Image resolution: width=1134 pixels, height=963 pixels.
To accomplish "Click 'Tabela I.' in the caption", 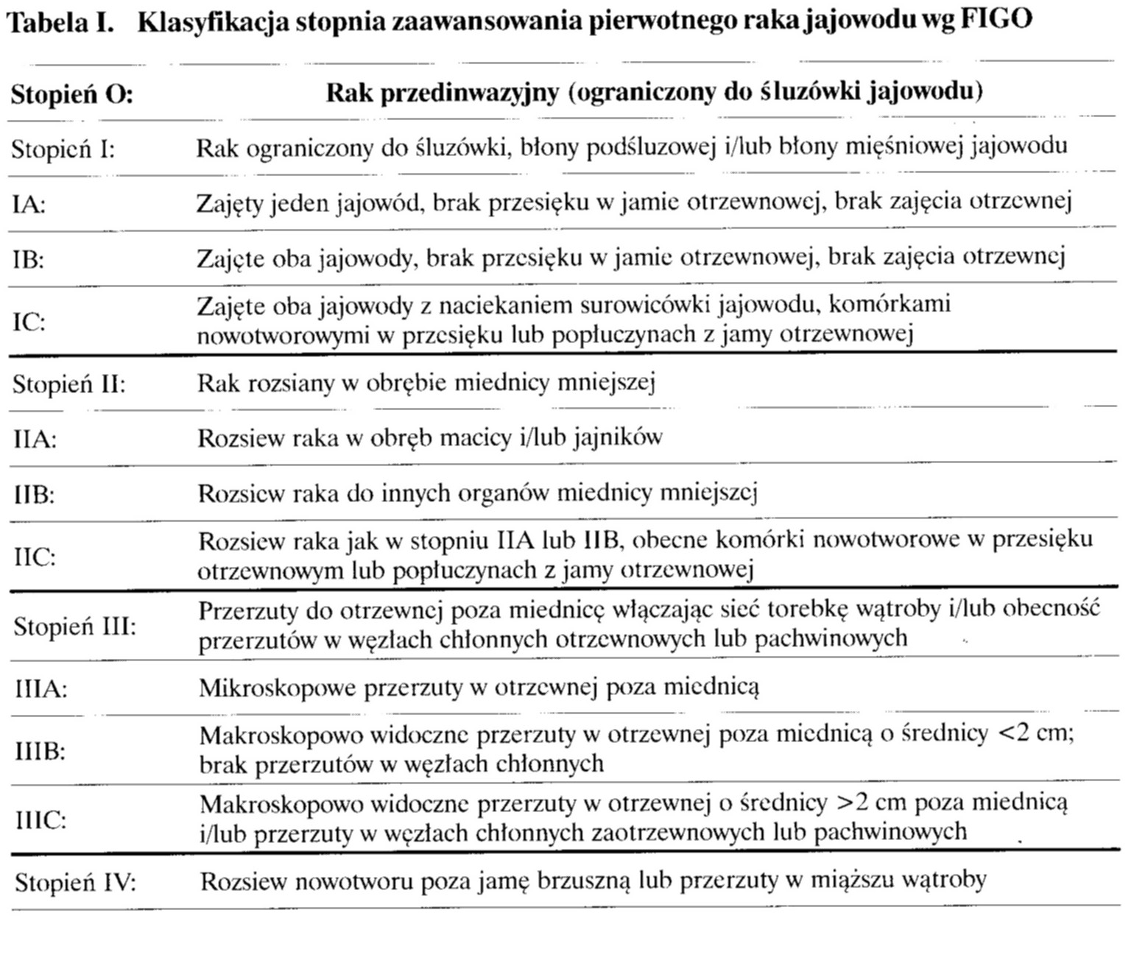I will coord(63,23).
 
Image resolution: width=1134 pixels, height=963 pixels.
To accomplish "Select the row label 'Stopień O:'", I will coord(71,95).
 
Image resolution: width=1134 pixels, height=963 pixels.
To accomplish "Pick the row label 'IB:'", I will coord(29,260).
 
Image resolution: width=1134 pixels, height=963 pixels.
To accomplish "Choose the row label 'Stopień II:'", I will coord(69,384).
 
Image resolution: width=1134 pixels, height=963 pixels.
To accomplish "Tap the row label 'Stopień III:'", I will coord(75,627).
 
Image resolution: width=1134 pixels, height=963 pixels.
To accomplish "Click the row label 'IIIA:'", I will coord(41,690).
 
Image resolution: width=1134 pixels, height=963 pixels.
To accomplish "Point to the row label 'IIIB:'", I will coord(40,751).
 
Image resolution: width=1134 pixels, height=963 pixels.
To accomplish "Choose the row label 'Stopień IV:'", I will coord(76,882).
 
